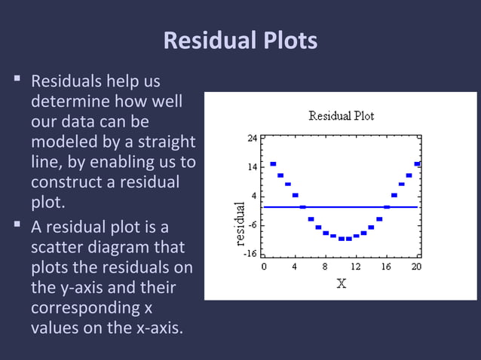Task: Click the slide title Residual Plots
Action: pyautogui.click(x=240, y=41)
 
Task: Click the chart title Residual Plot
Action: pyautogui.click(x=341, y=116)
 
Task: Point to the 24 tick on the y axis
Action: pyautogui.click(x=253, y=139)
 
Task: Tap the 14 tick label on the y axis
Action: pyautogui.click(x=253, y=167)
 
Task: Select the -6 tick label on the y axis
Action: pyautogui.click(x=253, y=224)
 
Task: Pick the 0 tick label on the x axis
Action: pyautogui.click(x=264, y=266)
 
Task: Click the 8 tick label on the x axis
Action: pyautogui.click(x=325, y=266)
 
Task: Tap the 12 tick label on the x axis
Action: pyautogui.click(x=356, y=266)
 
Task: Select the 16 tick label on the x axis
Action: pyautogui.click(x=386, y=266)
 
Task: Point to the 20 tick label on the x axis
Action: pyautogui.click(x=417, y=266)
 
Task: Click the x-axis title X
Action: pyautogui.click(x=341, y=283)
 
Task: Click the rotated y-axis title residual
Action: pyautogui.click(x=240, y=224)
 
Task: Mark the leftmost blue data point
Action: pyautogui.click(x=273, y=163)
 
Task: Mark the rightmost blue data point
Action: pyautogui.click(x=417, y=163)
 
